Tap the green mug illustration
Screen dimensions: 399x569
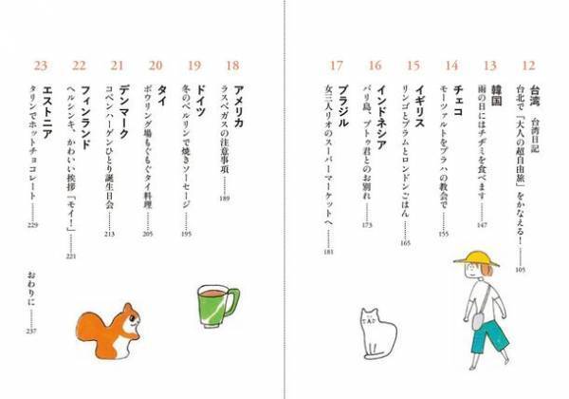(217, 307)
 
